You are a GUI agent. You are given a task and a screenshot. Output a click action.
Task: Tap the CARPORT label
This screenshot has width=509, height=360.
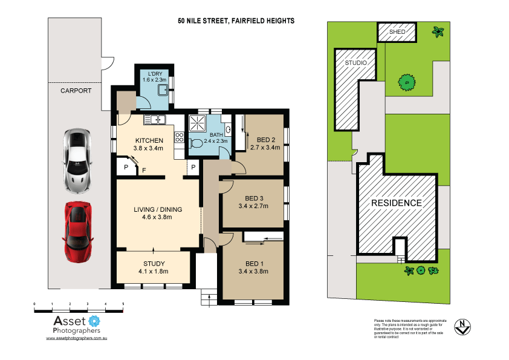pos(76,91)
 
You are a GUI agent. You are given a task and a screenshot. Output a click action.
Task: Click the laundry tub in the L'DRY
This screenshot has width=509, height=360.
pos(163,91)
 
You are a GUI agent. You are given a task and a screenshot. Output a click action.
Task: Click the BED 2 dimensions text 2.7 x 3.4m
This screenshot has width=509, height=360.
pos(265,147)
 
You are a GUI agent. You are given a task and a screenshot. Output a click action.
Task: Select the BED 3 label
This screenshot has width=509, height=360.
pos(253,198)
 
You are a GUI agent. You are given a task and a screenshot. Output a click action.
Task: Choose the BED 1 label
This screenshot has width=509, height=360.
pos(253,263)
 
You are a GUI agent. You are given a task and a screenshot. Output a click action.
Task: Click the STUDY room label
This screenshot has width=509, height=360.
pos(154,263)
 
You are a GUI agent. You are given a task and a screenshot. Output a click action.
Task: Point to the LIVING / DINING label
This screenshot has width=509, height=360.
pos(158,210)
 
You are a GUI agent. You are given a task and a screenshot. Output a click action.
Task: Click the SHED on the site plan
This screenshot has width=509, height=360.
pos(397,32)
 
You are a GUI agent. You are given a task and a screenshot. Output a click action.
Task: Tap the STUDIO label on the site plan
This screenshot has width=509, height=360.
pos(355,62)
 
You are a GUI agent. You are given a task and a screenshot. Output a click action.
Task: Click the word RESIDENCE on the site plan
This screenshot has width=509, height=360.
pos(396,203)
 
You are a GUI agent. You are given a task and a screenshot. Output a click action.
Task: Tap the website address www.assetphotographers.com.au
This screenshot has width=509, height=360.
pos(77,339)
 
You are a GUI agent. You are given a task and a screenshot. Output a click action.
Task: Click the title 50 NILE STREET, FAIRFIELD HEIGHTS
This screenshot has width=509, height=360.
pos(236,21)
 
